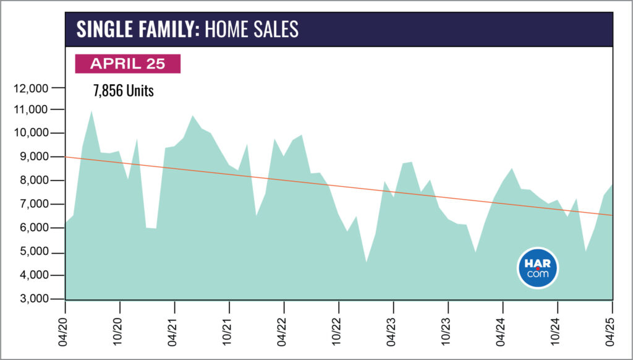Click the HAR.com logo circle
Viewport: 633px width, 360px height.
[537, 268]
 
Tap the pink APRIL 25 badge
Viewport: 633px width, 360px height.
[127, 64]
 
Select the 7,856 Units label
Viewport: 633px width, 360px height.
[124, 90]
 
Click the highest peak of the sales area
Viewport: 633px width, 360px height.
[91, 111]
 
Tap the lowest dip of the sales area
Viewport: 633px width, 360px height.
[366, 262]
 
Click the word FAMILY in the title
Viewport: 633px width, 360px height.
[165, 29]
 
